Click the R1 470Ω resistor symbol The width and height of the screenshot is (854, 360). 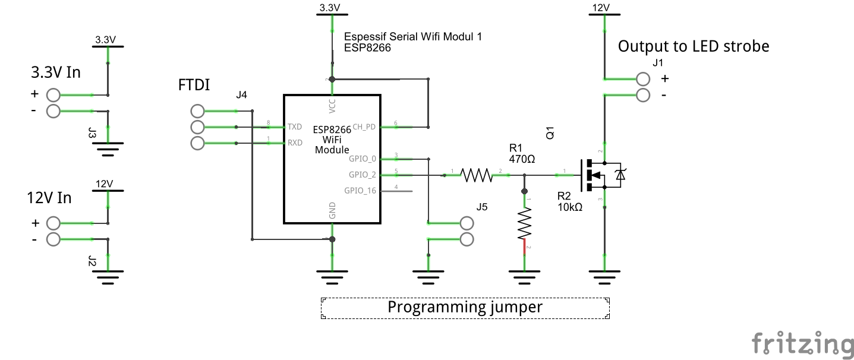(477, 175)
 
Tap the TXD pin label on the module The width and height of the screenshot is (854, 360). (295, 127)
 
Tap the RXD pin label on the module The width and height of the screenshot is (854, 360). (295, 143)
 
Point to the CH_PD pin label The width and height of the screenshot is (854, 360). (364, 127)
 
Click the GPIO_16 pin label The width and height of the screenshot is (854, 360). (360, 191)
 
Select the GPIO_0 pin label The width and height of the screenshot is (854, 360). (363, 159)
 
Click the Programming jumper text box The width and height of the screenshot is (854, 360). (465, 308)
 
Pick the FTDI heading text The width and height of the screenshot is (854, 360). (194, 85)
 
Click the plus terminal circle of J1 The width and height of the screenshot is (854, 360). (643, 78)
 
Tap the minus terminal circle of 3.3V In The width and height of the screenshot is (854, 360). (53, 110)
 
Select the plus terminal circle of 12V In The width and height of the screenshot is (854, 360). (53, 223)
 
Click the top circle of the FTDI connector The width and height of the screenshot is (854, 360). (198, 110)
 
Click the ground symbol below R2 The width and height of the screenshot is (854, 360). (524, 274)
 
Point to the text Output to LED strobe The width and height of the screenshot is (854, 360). (694, 46)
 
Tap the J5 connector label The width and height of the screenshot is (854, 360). (482, 207)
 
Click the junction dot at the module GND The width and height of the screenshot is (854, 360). (332, 239)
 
